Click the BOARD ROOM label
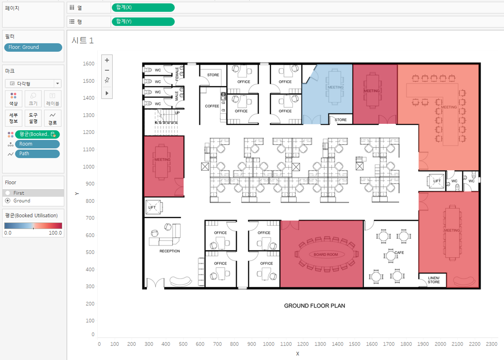point(326,255)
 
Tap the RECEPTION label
point(170,251)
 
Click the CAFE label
point(399,253)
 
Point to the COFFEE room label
point(212,106)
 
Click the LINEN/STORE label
point(434,280)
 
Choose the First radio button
point(8,193)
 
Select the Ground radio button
point(8,201)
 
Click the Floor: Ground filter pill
point(33,47)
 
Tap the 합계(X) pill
point(143,8)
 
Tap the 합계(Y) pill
point(143,21)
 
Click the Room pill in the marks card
point(37,144)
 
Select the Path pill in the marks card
point(37,154)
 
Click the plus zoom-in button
point(107,60)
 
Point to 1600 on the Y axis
point(89,64)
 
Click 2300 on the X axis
point(492,344)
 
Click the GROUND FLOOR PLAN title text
point(315,306)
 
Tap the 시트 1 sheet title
point(83,40)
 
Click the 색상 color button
point(14,99)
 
